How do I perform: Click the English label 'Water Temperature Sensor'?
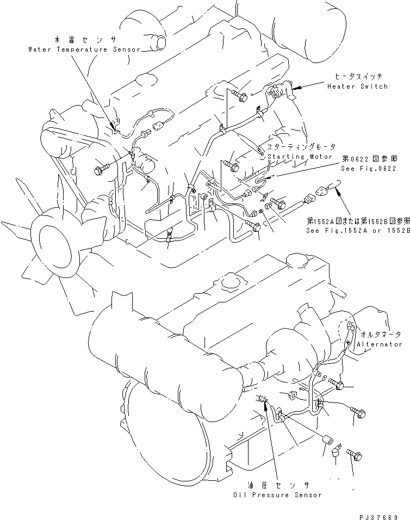point(84,49)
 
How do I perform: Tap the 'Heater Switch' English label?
point(357,86)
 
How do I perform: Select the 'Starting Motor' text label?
point(299,156)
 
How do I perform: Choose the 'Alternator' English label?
point(380,344)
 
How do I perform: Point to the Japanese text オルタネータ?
point(381,335)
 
